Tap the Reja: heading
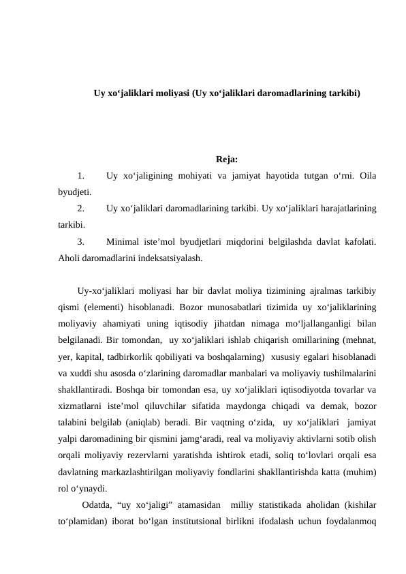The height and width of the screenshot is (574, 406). [226, 161]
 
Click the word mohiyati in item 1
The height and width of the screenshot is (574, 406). [193, 177]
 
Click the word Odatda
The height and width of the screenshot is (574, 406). [96, 505]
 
